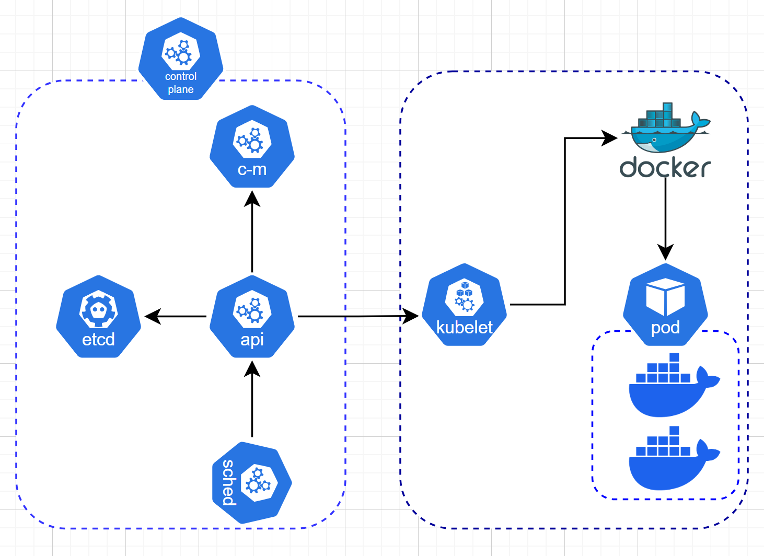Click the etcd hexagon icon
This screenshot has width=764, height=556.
pos(98,317)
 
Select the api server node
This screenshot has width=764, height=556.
pos(252,317)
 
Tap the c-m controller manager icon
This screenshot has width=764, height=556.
pos(252,146)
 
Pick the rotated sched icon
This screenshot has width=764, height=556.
pos(252,483)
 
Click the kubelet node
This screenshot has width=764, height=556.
pos(464,305)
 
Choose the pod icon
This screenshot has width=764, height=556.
pos(665,305)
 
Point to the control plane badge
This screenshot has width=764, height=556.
pos(181,59)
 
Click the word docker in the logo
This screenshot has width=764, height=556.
pos(665,167)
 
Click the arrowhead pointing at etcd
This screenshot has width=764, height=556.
pos(152,316)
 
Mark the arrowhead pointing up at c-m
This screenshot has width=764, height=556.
pos(252,199)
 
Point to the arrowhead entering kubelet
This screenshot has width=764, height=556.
pos(411,316)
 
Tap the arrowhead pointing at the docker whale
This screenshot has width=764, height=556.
pos(610,138)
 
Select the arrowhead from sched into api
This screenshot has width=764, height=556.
pos(252,369)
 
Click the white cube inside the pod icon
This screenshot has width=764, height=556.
pos(665,297)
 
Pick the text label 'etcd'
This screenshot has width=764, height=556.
pos(98,340)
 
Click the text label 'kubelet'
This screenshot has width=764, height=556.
pos(464,328)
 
